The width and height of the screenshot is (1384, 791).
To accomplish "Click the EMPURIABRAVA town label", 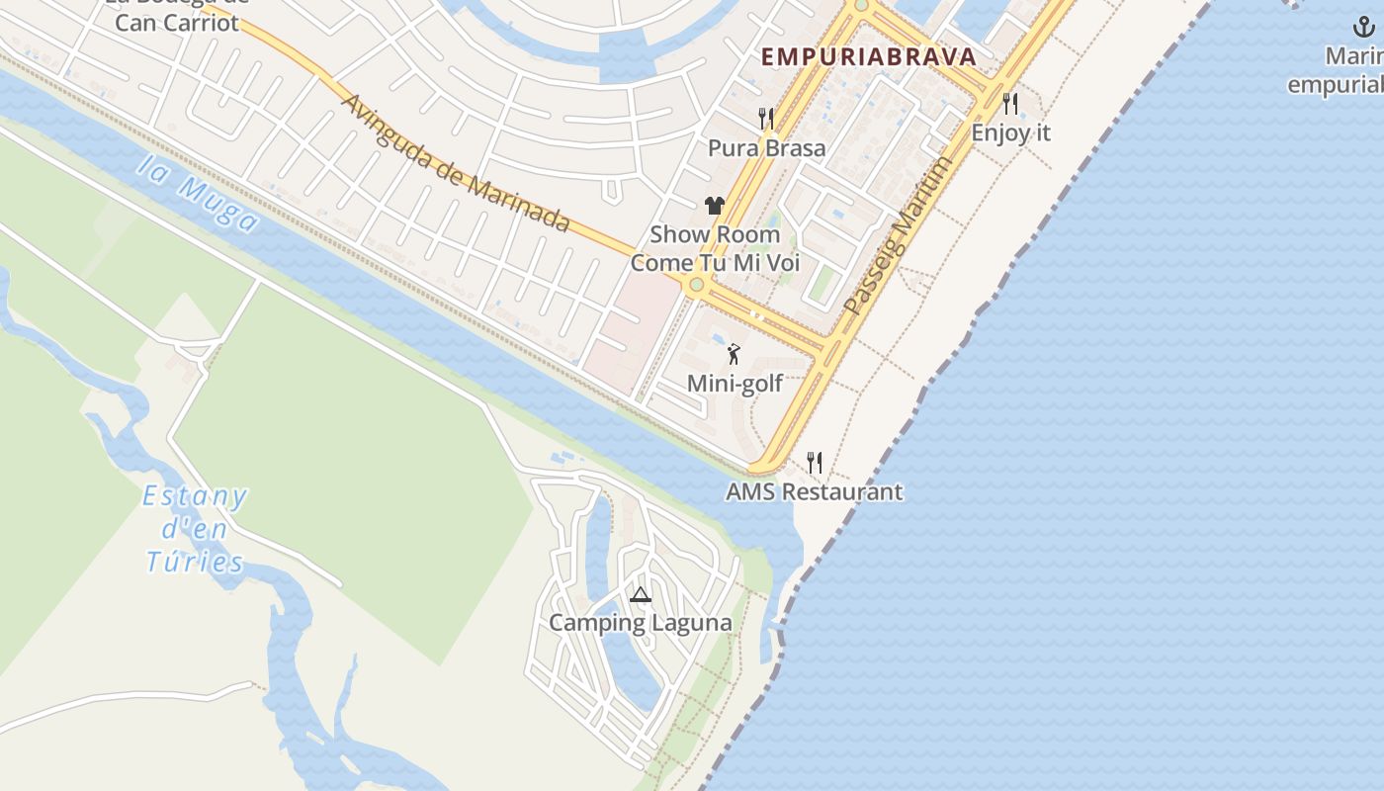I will (x=869, y=57).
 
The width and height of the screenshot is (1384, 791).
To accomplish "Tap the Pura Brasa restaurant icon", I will (x=766, y=119).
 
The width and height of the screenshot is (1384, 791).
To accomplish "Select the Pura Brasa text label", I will (x=766, y=148).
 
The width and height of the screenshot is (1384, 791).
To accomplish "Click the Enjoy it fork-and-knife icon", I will (x=1009, y=103).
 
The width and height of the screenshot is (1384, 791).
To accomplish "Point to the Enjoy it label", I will (x=1010, y=132).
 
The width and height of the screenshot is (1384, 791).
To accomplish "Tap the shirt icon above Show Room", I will (x=715, y=206).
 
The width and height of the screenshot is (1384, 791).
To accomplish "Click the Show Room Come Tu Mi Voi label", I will (x=715, y=249).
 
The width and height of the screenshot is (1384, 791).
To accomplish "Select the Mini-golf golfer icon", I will (x=734, y=354).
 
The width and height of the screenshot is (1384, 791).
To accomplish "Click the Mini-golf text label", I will (x=735, y=384).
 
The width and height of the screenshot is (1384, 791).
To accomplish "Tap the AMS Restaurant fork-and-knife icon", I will (x=814, y=462).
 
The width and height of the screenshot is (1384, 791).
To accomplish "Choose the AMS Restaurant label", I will (x=814, y=491).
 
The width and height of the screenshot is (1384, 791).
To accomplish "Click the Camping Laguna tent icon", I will (x=641, y=594).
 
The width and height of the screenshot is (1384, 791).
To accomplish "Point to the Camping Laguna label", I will (x=641, y=623).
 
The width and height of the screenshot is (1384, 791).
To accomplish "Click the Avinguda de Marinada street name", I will (x=456, y=163).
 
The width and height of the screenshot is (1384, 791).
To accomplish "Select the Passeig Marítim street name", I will (x=899, y=235).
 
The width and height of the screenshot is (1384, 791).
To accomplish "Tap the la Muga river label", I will (x=197, y=194).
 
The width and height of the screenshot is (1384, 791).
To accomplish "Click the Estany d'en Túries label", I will (x=195, y=529).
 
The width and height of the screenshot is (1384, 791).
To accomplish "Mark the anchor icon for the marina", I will (x=1364, y=26).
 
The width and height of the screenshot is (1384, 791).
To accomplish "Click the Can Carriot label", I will (x=177, y=22).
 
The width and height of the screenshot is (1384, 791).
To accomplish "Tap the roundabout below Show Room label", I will (x=696, y=286).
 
